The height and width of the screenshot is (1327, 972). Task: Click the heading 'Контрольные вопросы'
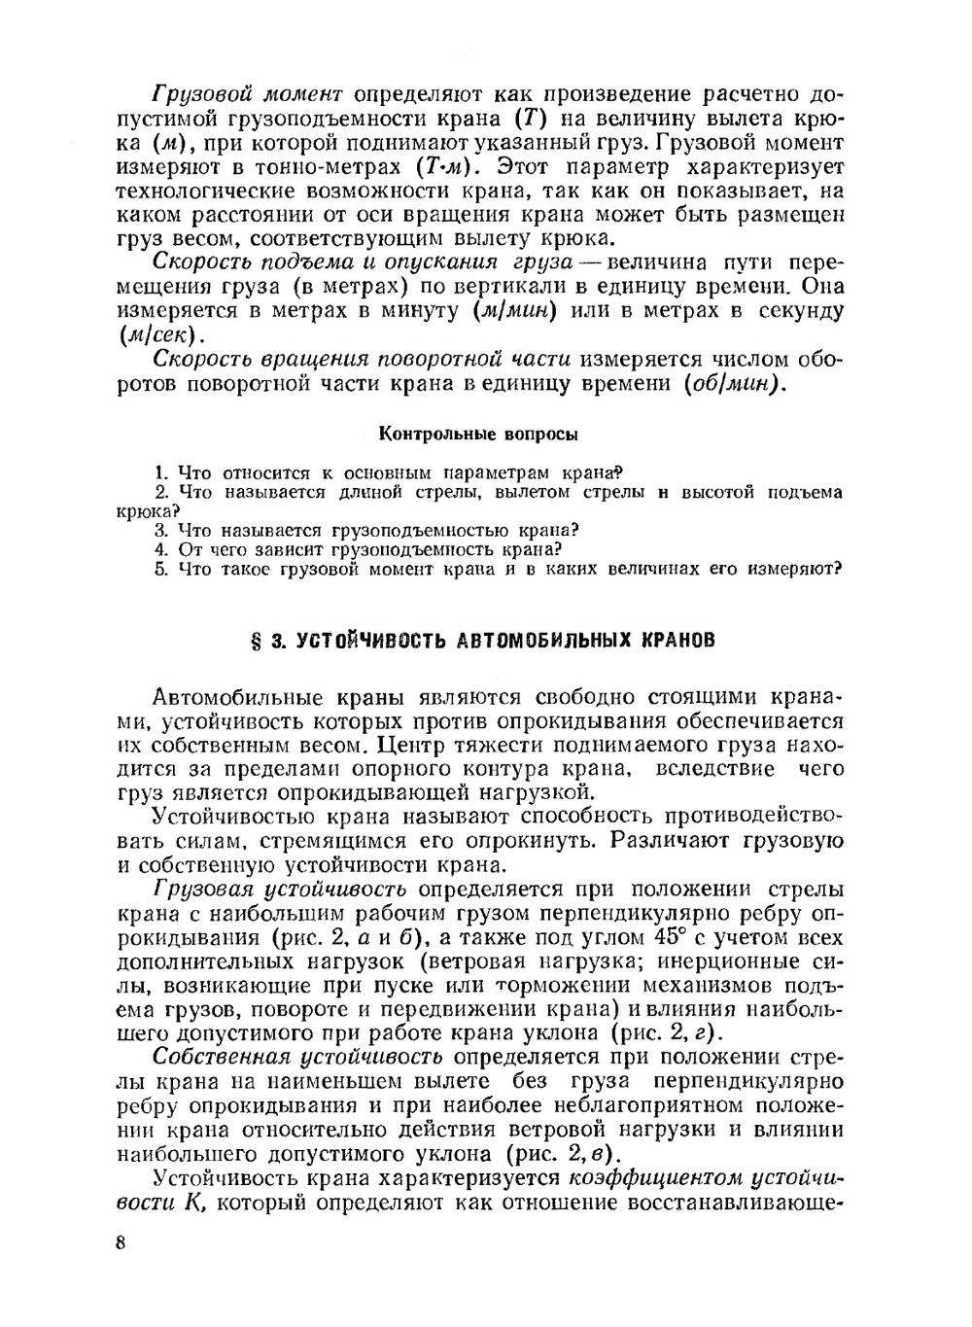[x=477, y=433]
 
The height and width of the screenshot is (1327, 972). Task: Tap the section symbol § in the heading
[x=258, y=640]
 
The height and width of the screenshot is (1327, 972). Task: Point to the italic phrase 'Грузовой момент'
[x=248, y=94]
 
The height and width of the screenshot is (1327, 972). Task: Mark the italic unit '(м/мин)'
[x=514, y=311]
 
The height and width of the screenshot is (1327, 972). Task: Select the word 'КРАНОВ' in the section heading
[x=679, y=640]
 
